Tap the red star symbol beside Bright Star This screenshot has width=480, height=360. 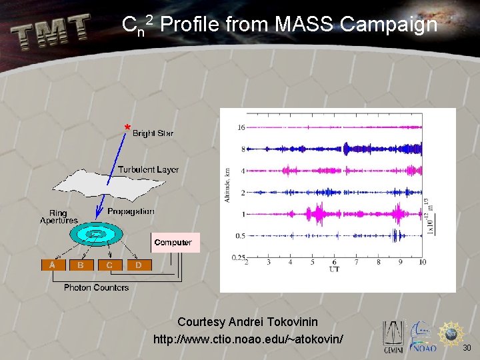pos(127,127)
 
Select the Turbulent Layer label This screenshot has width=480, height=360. pos(148,169)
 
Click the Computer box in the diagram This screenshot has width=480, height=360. pos(173,243)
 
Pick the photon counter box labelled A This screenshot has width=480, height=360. pos(53,265)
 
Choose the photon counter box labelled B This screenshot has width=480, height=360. pos(81,265)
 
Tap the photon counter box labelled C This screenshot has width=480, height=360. pos(109,265)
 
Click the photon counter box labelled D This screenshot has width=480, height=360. pos(138,265)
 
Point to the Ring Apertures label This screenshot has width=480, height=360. pos(59,217)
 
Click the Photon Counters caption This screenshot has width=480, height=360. pos(96,287)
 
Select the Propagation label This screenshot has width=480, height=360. pos(131,211)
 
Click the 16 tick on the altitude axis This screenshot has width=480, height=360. pos(241,127)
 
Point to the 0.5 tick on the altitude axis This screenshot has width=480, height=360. pos(239,235)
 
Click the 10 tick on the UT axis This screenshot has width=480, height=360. pos(422,263)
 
